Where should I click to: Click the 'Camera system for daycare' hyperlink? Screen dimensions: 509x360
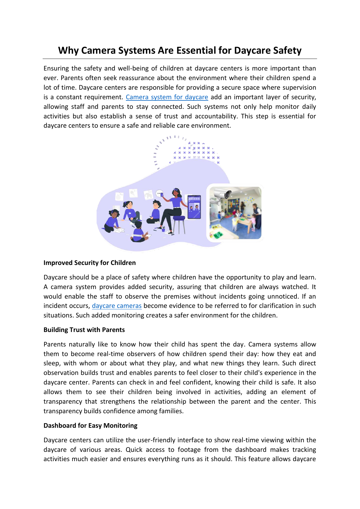[167, 97]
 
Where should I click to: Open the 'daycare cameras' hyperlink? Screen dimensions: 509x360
[117, 306]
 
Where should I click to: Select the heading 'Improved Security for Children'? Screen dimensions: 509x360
[90, 263]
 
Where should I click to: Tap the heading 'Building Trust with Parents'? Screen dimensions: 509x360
[84, 330]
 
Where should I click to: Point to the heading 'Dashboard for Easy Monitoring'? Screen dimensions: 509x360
[91, 426]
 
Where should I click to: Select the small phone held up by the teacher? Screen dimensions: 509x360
[162, 195]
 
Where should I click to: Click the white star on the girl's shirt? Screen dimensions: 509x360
[130, 213]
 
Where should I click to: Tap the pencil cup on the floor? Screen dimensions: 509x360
[163, 229]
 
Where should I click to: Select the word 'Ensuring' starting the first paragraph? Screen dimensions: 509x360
[56, 68]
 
